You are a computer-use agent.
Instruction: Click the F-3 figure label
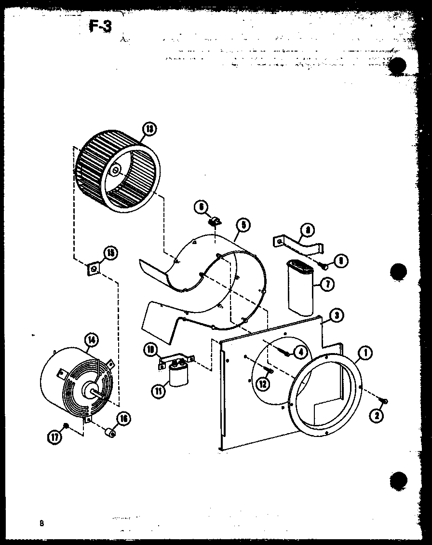(100, 26)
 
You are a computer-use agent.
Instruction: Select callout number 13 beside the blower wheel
(150, 129)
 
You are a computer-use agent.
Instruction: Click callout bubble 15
(110, 253)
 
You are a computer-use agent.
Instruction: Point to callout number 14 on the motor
(92, 341)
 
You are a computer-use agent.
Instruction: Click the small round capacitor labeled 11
(178, 376)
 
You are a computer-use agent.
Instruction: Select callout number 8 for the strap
(307, 231)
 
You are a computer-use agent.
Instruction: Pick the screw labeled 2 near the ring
(385, 401)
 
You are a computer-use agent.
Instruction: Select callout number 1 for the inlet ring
(365, 354)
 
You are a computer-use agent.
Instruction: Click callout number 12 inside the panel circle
(263, 384)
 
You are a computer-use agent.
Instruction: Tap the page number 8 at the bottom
(42, 523)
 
